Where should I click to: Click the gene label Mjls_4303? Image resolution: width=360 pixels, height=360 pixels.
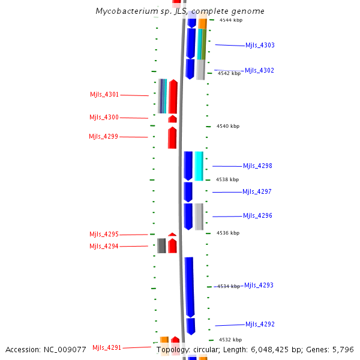point(260,46)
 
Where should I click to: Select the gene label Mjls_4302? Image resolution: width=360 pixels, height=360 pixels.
point(259,71)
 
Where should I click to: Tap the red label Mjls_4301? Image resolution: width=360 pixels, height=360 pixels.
point(104,95)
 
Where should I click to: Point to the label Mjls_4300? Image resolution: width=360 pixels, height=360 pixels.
point(104,118)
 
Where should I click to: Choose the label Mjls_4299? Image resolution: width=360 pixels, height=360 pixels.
point(103,137)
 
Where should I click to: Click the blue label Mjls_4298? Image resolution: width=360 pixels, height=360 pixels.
point(257,166)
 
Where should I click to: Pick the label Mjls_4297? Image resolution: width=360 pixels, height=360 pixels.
point(257,192)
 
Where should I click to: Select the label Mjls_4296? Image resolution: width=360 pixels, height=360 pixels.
point(257,216)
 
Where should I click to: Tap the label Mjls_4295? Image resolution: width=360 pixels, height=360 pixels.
point(104,235)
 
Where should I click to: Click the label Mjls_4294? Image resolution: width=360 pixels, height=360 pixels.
point(104,247)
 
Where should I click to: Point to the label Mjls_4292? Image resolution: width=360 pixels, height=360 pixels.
point(260,325)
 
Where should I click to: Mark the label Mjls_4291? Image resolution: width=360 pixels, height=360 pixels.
point(107,348)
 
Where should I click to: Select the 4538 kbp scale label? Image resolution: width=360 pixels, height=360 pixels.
point(227,179)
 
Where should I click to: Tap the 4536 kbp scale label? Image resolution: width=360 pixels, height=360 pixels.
point(228,233)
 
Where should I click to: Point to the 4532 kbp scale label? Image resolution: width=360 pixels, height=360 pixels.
point(230,340)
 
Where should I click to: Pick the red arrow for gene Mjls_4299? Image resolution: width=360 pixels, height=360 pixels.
point(172,137)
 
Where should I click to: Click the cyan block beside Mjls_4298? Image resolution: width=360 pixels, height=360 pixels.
point(199,166)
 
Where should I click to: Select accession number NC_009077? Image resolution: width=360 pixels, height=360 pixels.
point(46,349)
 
